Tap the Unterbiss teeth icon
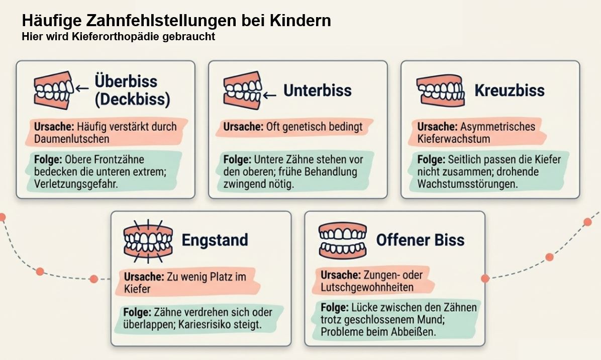[242, 91]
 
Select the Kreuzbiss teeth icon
[440, 91]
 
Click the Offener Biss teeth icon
[343, 240]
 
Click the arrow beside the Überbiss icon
[82, 88]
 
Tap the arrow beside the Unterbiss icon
[269, 95]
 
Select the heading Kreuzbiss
[510, 91]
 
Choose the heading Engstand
[215, 240]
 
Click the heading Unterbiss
[318, 91]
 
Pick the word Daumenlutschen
[72, 139]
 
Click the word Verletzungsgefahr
[76, 184]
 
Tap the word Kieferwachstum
[454, 139]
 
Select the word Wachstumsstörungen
[468, 184]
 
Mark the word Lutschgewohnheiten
[367, 288]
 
